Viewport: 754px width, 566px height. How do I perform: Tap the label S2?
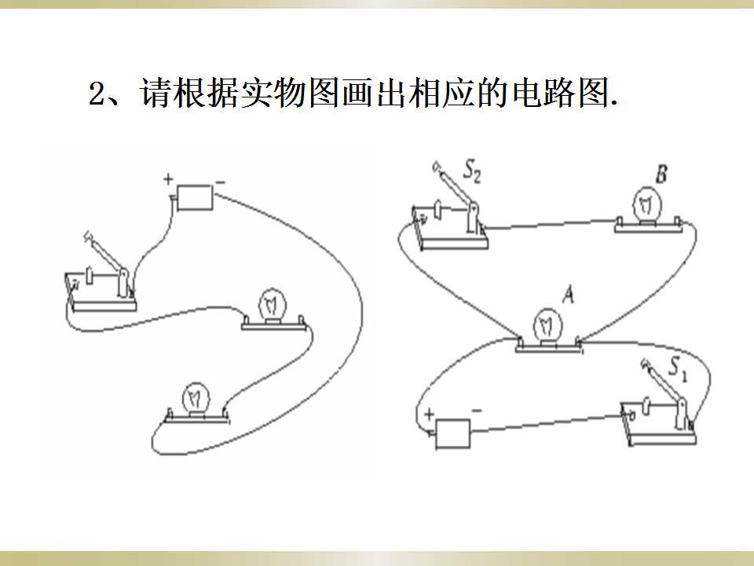(471, 171)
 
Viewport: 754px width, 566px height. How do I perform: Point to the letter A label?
(569, 294)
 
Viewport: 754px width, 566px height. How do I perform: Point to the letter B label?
(661, 174)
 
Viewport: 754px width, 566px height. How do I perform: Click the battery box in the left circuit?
(195, 197)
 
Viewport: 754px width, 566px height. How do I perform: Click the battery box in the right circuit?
(452, 433)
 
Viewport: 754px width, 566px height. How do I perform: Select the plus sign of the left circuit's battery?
(168, 179)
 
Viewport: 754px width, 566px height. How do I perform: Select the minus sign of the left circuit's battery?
(220, 182)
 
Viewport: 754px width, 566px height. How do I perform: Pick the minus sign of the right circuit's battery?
(477, 410)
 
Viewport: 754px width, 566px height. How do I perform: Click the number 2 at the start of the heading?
(97, 94)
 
